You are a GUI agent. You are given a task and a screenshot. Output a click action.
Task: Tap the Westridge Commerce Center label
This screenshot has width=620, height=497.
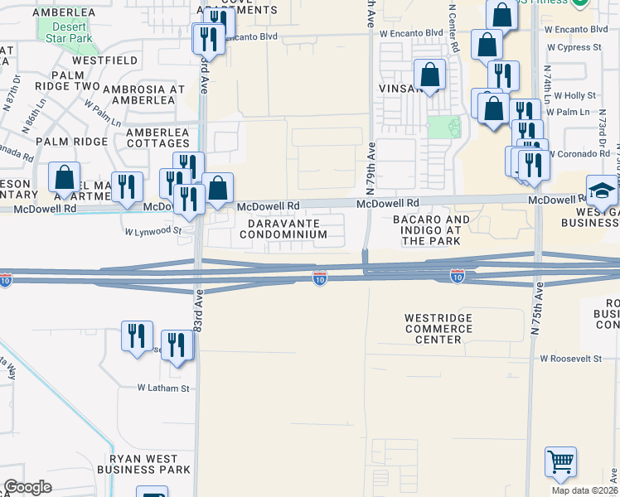click(x=438, y=329)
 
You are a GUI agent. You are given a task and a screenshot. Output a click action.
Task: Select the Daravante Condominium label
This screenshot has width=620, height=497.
click(x=283, y=229)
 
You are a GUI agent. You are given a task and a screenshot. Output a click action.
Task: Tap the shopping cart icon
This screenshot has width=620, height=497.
click(x=561, y=462)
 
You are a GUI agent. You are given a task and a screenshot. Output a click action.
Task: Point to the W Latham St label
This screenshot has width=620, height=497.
click(x=163, y=388)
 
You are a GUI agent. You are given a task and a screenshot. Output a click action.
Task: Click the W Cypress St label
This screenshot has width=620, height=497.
click(x=574, y=47)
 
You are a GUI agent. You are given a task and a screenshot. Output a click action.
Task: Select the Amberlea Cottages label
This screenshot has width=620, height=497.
click(x=157, y=138)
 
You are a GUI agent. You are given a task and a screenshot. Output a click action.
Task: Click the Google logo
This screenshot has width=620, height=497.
click(x=27, y=487)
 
